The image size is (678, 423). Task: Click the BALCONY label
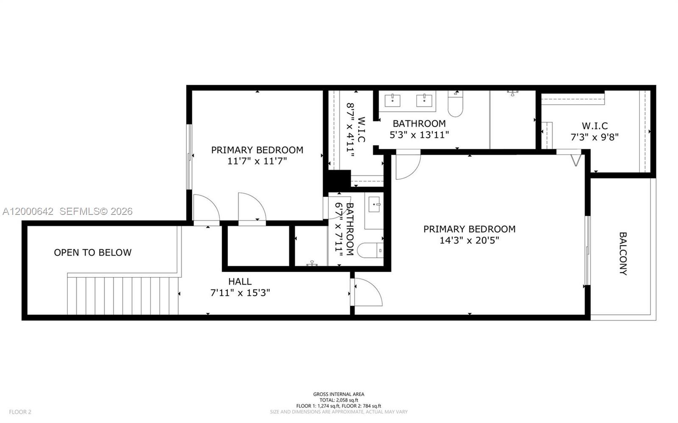[x=623, y=253]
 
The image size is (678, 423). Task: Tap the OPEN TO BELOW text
[x=92, y=253]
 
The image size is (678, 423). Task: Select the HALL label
[x=240, y=281]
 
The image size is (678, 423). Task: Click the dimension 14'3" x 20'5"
[x=469, y=240]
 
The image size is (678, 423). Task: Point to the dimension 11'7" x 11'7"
[x=257, y=161]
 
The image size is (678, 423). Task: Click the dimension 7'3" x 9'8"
[x=595, y=137]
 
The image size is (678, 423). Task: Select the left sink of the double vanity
[x=392, y=101]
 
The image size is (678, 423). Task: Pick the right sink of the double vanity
[x=424, y=101]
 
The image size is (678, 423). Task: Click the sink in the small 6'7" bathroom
[x=375, y=205]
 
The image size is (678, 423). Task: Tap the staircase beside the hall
[x=123, y=295]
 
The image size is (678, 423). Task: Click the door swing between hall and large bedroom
[x=368, y=292]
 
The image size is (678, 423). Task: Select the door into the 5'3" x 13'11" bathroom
[x=407, y=165]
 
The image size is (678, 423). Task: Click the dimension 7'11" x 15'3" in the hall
[x=240, y=293]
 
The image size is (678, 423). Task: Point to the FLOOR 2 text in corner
[x=20, y=412]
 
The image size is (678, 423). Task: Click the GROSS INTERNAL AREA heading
[x=339, y=394]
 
